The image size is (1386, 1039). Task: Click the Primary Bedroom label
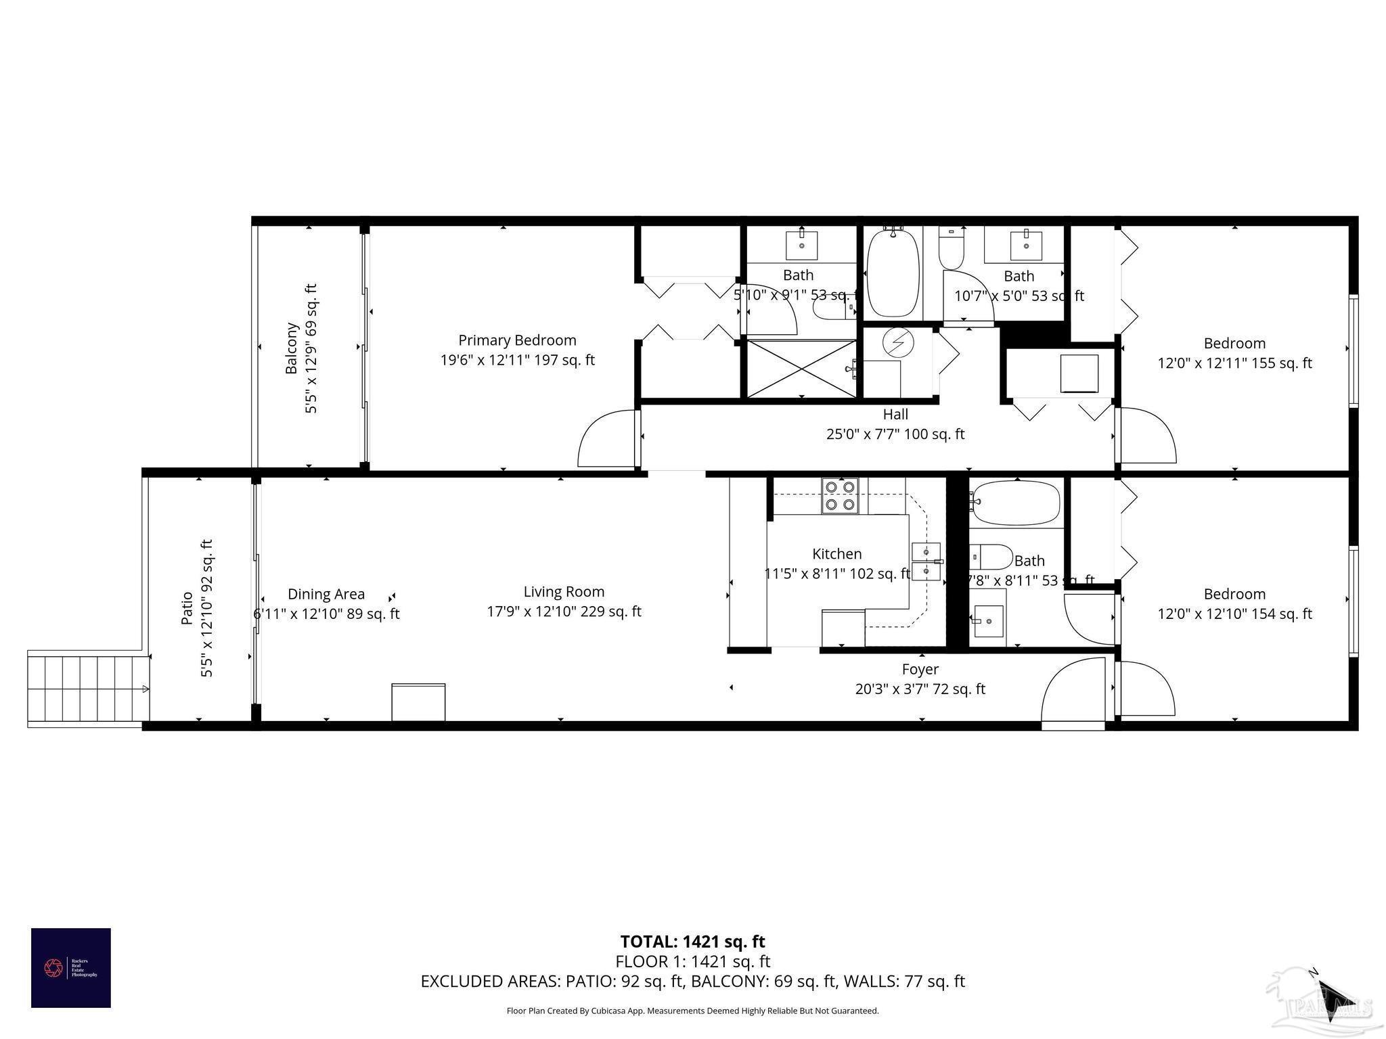pos(517,340)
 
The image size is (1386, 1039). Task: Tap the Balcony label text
pos(292,348)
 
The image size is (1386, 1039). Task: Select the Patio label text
pos(187,607)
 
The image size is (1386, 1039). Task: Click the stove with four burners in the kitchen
pos(841,496)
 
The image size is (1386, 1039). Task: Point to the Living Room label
pos(564,592)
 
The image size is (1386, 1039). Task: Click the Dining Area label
pos(326,594)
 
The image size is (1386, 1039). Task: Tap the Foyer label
pos(920,669)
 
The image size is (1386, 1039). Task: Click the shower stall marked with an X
pos(801,369)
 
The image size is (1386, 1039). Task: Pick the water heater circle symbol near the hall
pos(899,344)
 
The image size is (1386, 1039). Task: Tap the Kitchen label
pos(837,554)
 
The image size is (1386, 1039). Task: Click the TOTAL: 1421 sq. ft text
pos(692,942)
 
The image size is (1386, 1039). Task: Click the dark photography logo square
pos(71,968)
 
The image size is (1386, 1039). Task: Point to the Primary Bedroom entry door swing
pos(606,440)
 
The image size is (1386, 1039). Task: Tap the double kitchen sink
pos(925,562)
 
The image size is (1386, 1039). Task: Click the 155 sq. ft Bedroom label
pos(1234,344)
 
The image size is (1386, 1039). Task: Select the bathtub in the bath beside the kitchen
pos(1014,503)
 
